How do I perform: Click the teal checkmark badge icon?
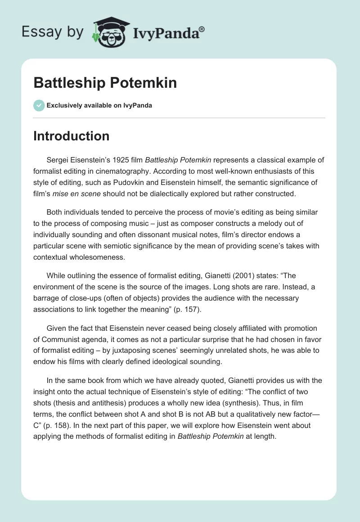coord(39,105)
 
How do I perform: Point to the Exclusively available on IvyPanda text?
coord(99,105)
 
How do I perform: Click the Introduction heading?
coord(71,136)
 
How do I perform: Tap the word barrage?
coord(46,298)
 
